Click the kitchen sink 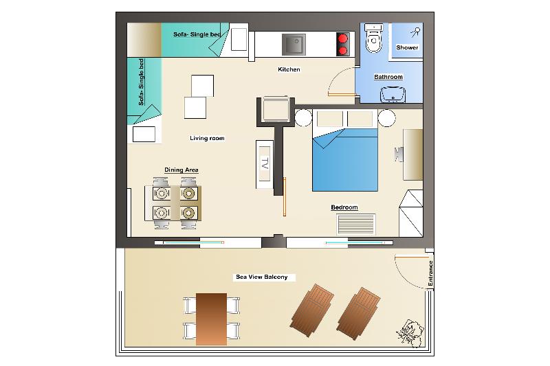pyautogui.click(x=294, y=45)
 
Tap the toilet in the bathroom pyautogui.click(x=373, y=38)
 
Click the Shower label pyautogui.click(x=407, y=47)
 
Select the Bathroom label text pyautogui.click(x=388, y=77)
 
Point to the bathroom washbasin pyautogui.click(x=393, y=94)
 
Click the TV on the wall pyautogui.click(x=265, y=164)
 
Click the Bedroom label pyautogui.click(x=344, y=207)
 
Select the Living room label pyautogui.click(x=207, y=138)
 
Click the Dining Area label pyautogui.click(x=181, y=170)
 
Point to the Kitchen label pyautogui.click(x=289, y=69)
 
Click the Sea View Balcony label pyautogui.click(x=262, y=277)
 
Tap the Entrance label pyautogui.click(x=430, y=273)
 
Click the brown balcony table pyautogui.click(x=211, y=319)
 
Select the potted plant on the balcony pyautogui.click(x=410, y=333)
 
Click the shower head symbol pyautogui.click(x=416, y=32)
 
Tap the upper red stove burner pyautogui.click(x=343, y=38)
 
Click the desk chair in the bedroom pyautogui.click(x=399, y=155)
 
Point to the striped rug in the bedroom pyautogui.click(x=356, y=224)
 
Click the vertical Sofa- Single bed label pyautogui.click(x=141, y=82)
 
